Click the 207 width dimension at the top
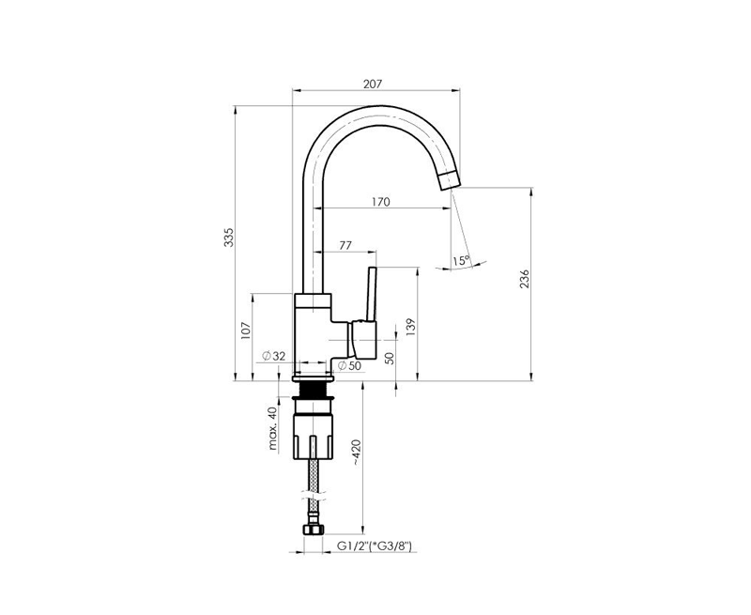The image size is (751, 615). pos(373,84)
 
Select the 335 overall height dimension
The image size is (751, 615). pos(229,238)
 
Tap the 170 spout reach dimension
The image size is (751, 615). pos(381,202)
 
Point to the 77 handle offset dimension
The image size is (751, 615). pos(345,245)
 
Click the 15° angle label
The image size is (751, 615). pos(461,261)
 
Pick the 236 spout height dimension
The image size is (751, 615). pos(526,279)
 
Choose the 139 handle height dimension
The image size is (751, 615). pos(411,328)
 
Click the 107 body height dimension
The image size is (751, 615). pos(246,331)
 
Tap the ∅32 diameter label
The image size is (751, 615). pos(273,356)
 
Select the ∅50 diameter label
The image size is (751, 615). pos(349,366)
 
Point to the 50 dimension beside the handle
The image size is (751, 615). pos(390,359)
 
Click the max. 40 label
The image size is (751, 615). pos(273,428)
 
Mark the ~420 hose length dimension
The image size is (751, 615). pos(357,453)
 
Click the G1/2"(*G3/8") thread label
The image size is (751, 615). pos(374,546)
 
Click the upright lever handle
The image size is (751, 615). pos(371,294)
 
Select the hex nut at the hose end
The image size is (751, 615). pos(314,530)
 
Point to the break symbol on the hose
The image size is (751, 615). pos(314,495)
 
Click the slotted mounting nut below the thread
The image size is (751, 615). pos(313,437)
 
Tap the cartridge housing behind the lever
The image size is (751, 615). pos(364,340)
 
